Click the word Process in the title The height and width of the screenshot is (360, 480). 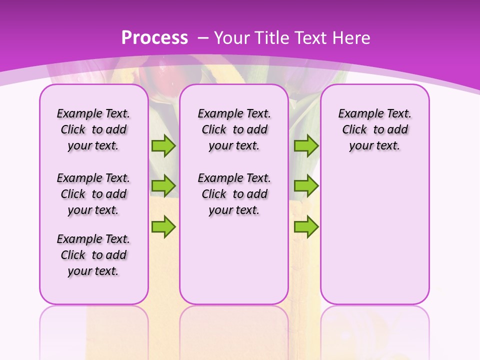155,37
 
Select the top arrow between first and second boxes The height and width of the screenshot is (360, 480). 163,146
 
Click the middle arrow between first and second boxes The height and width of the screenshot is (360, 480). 163,186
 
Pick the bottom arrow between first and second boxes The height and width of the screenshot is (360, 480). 163,226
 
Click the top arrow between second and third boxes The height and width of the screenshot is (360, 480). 306,146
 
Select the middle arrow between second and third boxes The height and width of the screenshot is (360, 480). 306,186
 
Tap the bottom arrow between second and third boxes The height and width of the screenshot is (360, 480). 306,226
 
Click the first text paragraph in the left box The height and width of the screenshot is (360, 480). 93,129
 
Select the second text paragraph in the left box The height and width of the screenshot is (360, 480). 93,194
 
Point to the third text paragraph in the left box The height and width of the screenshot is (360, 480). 93,255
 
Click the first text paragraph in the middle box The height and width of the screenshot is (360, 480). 234,129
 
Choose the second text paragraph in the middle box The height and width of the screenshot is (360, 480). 234,194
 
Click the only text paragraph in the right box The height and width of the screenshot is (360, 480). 374,129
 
